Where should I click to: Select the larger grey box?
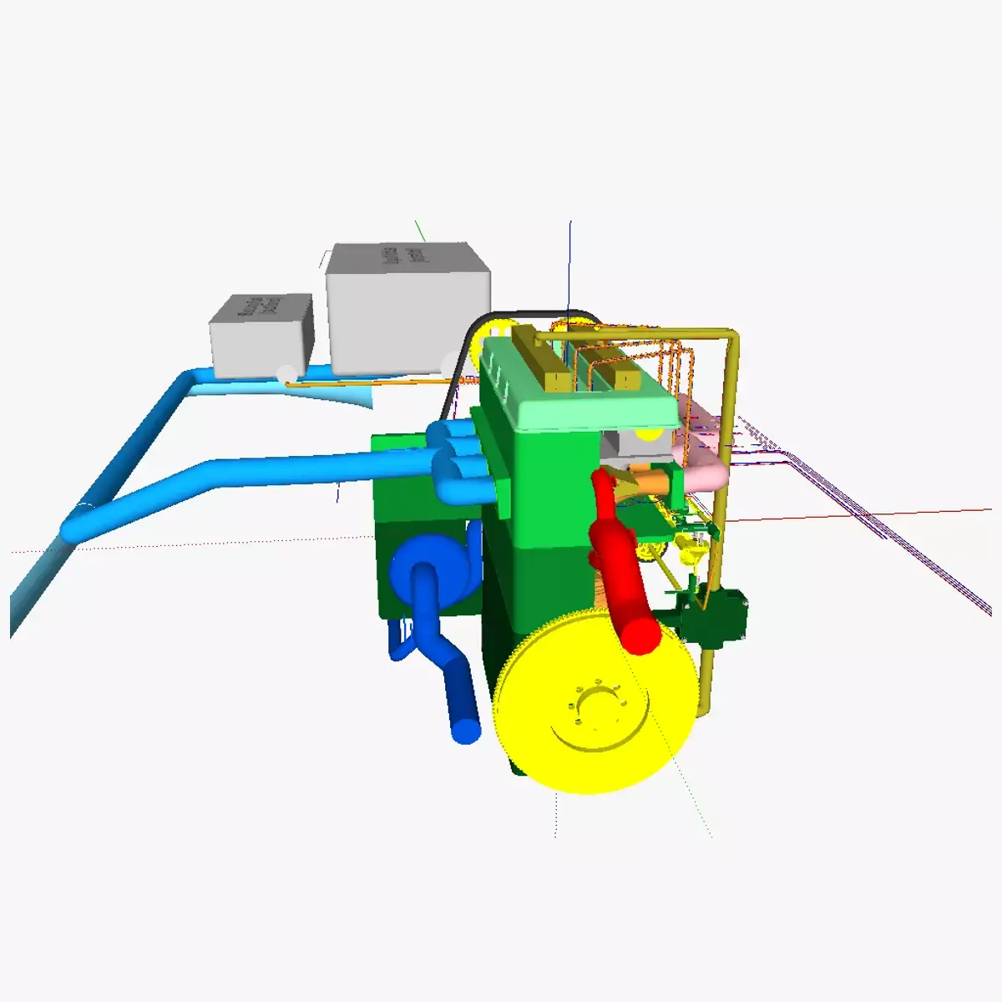407,307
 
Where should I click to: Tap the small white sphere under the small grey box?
286,373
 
